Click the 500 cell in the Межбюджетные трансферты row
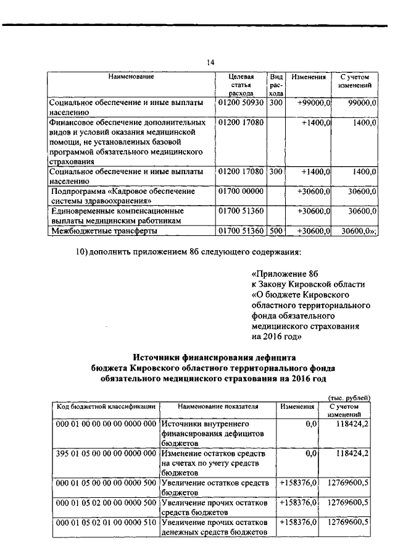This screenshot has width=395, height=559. (x=276, y=231)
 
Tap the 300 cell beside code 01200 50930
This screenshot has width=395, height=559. (x=276, y=102)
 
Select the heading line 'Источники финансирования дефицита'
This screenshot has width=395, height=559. (x=215, y=357)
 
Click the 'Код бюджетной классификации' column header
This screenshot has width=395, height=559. (x=106, y=407)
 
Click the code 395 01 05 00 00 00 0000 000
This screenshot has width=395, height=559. (x=106, y=454)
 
